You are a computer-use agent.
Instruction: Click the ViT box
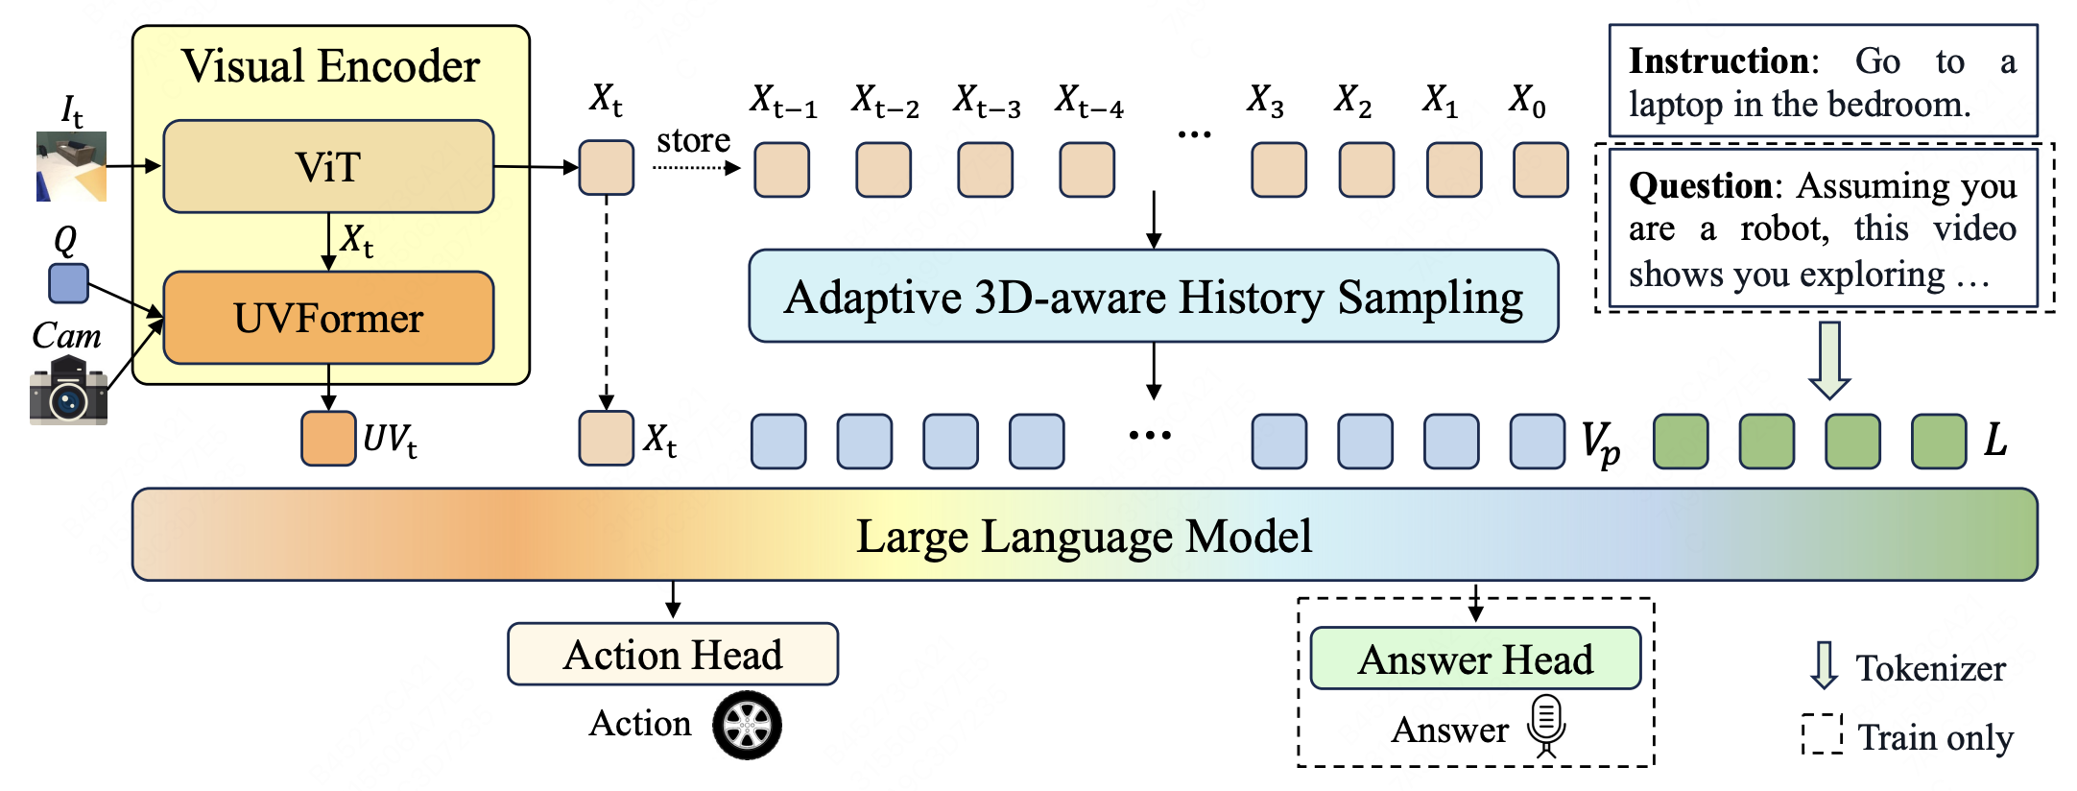click(328, 166)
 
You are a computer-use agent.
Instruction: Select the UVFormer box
click(328, 318)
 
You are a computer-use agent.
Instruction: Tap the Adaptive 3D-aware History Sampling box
click(1153, 297)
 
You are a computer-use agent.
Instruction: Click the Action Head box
click(673, 655)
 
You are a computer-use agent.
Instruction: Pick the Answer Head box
click(1475, 659)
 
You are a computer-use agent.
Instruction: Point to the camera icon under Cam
click(68, 391)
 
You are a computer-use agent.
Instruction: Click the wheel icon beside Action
click(747, 725)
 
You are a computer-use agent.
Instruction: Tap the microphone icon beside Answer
click(1545, 726)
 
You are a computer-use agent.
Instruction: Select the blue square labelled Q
click(68, 283)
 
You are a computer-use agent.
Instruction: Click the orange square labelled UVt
click(328, 439)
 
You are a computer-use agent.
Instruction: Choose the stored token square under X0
click(1540, 170)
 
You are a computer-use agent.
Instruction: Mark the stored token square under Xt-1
click(781, 170)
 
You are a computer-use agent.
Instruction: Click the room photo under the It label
click(71, 167)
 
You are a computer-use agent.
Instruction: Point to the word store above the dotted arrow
click(693, 141)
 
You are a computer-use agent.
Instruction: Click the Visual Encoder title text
click(330, 66)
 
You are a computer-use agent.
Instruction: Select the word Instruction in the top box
click(1717, 61)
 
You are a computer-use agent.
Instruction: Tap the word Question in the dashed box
click(1700, 185)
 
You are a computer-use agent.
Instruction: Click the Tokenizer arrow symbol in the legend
click(1824, 665)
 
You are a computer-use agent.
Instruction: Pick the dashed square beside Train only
click(1822, 734)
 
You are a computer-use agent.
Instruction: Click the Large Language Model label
click(1084, 536)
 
